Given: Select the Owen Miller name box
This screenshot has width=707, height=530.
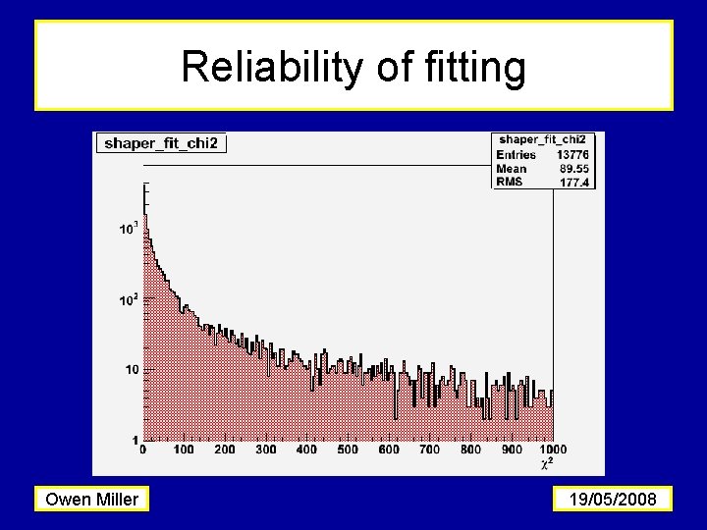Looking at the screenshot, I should (91, 500).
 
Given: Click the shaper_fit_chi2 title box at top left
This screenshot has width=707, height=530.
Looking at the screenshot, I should (160, 143).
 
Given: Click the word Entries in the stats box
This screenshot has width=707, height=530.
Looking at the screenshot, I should (517, 155).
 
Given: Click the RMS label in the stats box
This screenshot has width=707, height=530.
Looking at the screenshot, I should (511, 182).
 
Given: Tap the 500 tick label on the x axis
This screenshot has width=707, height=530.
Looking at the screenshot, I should (348, 450).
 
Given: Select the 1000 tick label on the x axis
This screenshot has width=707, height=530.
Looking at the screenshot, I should (553, 450).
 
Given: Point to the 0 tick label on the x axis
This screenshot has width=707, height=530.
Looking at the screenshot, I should (143, 450).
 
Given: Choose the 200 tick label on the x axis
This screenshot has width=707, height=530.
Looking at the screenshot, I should (225, 450).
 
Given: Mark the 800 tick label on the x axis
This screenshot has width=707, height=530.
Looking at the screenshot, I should (470, 450).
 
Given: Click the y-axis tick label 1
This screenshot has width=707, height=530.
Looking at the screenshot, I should (136, 439).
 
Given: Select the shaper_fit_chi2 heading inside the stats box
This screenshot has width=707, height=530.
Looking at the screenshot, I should (543, 140).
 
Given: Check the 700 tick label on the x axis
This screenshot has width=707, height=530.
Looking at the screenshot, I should (429, 450).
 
